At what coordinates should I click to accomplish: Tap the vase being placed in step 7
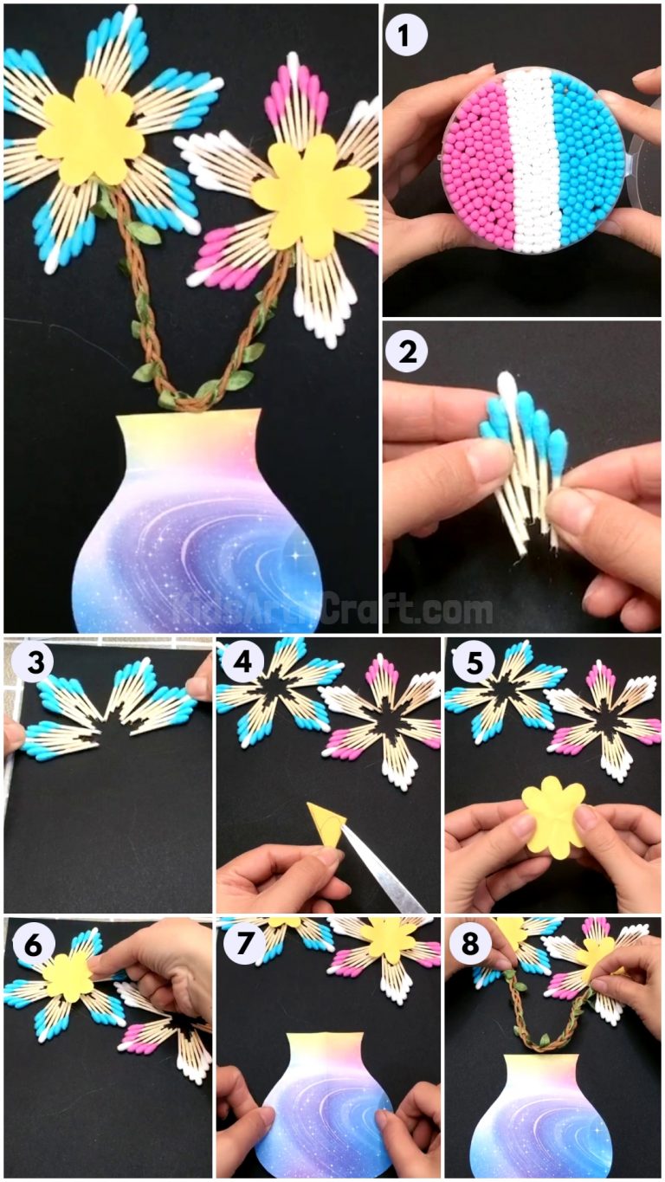[x=325, y=1108]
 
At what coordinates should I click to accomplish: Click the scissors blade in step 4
[x=381, y=875]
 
